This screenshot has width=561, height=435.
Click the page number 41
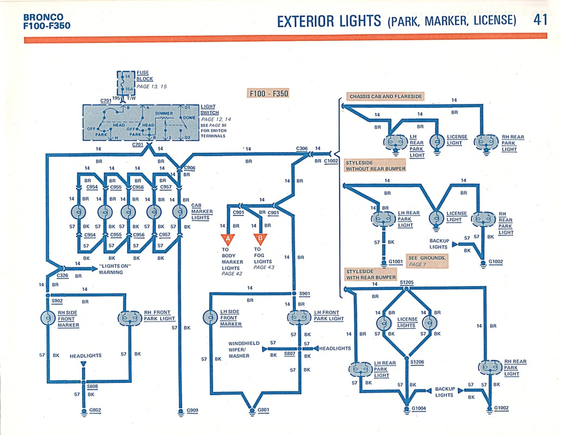(540, 19)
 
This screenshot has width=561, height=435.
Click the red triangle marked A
(228, 239)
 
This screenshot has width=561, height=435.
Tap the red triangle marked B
(260, 239)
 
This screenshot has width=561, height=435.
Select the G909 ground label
(192, 410)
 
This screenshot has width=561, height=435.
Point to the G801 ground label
(263, 410)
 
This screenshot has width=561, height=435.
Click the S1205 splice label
(406, 282)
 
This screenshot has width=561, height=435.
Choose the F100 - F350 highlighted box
(269, 93)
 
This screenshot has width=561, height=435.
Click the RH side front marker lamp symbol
(48, 318)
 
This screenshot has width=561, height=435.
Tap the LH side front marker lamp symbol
(210, 317)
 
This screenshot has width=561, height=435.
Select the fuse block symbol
(126, 83)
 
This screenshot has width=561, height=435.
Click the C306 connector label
(302, 148)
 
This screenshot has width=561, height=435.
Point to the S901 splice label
(304, 294)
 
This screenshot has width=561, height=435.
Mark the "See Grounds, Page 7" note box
(427, 261)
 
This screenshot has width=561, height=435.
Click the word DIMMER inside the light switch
(164, 113)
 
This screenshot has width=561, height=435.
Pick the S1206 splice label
(417, 362)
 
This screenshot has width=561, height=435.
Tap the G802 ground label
(95, 410)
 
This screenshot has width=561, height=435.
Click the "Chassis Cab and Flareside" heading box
(385, 96)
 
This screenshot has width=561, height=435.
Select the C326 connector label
(62, 275)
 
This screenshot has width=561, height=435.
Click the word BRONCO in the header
(43, 17)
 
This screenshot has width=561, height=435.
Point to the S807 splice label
(290, 354)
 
